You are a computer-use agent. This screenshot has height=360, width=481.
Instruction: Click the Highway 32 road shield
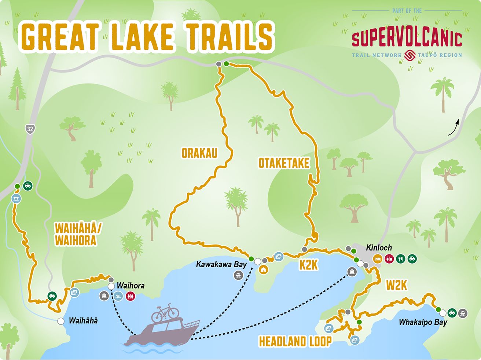(30, 129)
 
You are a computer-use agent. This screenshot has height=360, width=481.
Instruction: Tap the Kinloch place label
(379, 248)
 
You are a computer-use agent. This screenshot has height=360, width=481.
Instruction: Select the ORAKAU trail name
(199, 153)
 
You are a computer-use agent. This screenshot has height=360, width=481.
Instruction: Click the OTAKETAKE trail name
(284, 163)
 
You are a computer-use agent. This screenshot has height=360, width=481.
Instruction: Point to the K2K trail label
(308, 265)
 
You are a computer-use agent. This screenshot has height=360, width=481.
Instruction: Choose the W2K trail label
(396, 285)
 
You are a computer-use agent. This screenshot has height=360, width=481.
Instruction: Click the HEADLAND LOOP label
(295, 342)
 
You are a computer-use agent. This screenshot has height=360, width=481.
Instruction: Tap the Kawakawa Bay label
(221, 264)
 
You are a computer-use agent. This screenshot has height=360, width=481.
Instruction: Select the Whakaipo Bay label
(423, 323)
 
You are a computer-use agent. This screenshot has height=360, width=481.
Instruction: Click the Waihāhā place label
(83, 321)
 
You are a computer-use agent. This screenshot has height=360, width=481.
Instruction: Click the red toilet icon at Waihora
(130, 296)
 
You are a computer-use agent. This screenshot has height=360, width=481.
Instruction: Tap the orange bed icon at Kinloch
(377, 259)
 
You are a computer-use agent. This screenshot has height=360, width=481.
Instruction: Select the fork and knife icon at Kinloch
(400, 259)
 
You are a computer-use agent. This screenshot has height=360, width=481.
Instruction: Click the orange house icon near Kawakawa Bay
(263, 270)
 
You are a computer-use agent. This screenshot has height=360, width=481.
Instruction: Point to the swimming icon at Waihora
(118, 296)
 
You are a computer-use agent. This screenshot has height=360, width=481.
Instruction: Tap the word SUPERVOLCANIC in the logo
(407, 40)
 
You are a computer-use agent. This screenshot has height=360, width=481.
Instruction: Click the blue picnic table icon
(16, 199)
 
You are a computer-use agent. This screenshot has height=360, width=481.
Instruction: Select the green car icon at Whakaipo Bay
(452, 313)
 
